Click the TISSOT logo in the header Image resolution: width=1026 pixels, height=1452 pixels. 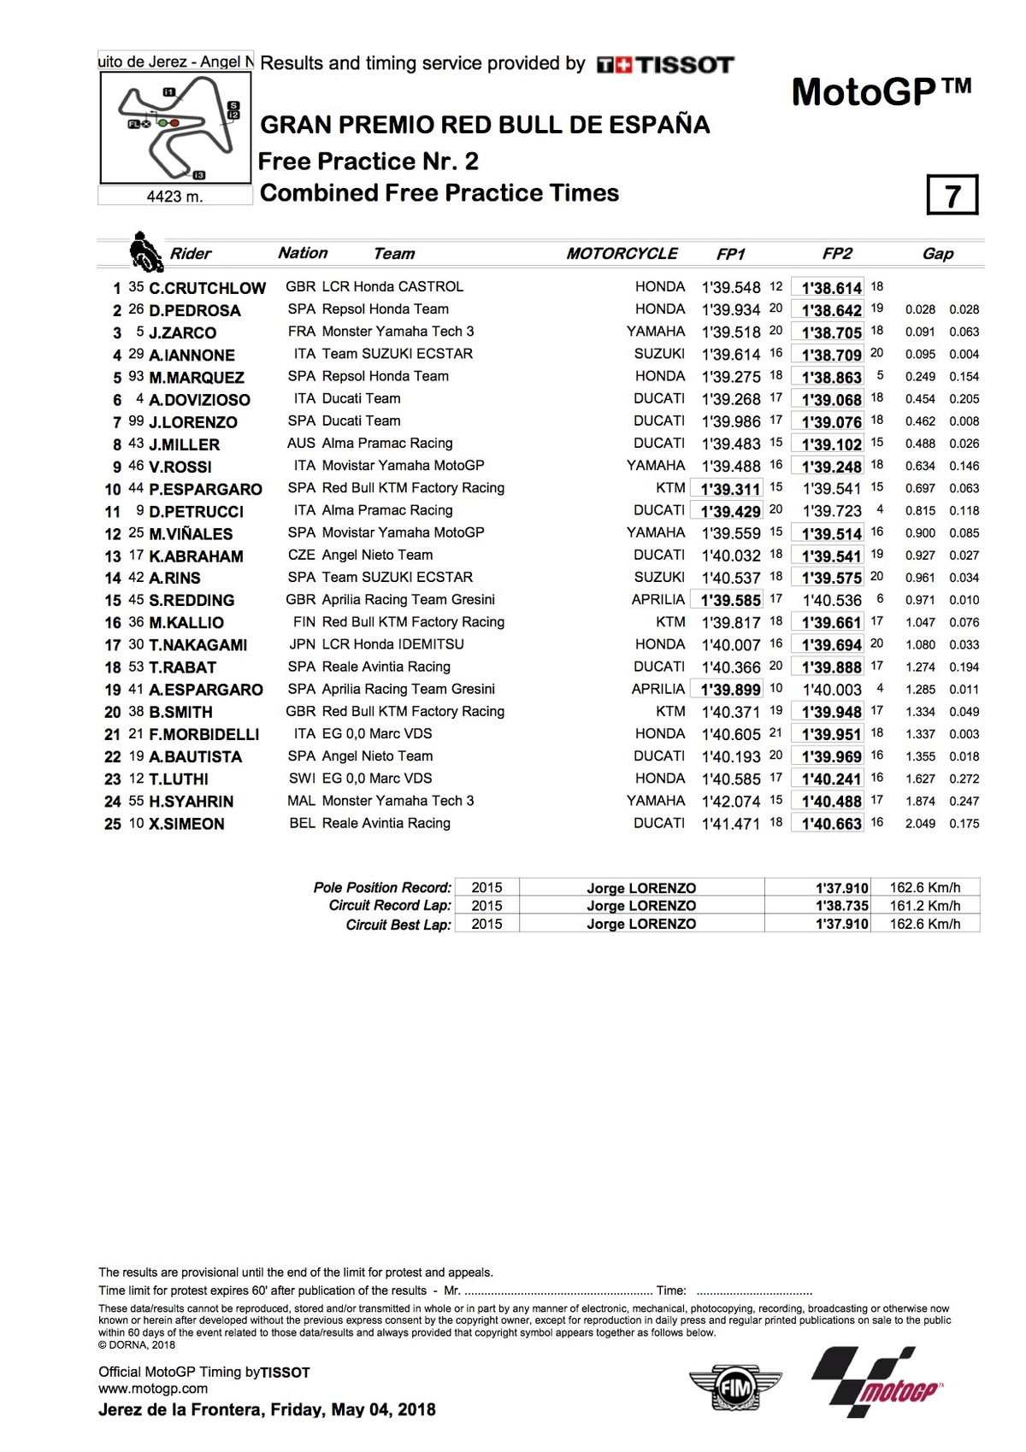pos(665,65)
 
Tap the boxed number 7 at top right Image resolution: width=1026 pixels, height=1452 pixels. pos(952,196)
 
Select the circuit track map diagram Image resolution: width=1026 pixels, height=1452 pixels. pos(176,127)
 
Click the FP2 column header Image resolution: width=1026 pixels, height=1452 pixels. pos(837,254)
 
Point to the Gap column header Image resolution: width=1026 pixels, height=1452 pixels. pos(937,254)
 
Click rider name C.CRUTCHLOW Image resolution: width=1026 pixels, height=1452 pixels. pos(207,288)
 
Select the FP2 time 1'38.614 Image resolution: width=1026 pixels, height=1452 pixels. pos(831,288)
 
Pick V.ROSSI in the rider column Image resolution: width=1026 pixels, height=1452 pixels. pos(180,467)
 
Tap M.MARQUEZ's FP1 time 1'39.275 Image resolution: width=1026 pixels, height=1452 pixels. pos(730,377)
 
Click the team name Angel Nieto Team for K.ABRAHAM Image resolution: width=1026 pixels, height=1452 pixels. pos(377,556)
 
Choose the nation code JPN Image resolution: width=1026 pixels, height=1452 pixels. pos(302,644)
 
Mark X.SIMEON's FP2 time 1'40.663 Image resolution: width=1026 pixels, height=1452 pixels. pos(831,824)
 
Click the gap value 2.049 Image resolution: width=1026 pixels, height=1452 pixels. pos(920,824)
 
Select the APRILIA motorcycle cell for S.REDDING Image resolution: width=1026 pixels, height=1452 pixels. pos(657,600)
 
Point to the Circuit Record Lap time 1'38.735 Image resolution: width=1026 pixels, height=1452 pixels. pos(841,906)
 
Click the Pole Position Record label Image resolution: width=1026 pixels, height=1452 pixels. pos(382,888)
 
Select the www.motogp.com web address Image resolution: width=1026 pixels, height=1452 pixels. pos(153,1389)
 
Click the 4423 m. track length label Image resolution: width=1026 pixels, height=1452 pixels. pos(174,197)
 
